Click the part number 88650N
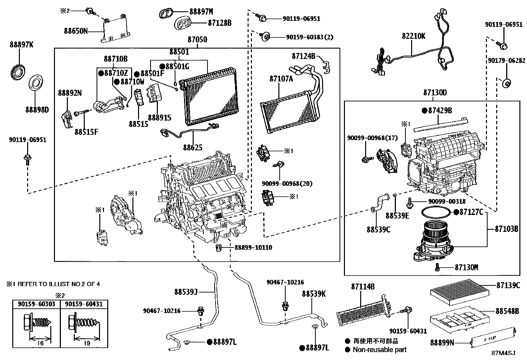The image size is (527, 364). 76,31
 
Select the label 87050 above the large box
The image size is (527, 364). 197,40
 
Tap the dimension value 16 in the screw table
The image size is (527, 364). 40,343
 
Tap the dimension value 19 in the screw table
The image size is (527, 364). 87,343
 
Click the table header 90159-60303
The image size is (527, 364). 36,304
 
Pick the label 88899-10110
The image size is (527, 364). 253,247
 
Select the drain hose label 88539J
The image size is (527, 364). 186,292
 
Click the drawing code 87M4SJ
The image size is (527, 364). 503,353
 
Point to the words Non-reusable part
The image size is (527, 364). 379,349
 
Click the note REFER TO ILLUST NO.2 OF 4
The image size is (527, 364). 59,284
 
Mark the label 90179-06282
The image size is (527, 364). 506,61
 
